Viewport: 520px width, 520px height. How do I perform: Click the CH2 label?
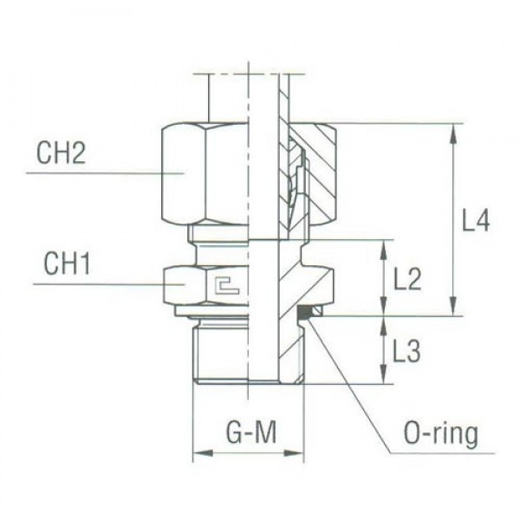61,155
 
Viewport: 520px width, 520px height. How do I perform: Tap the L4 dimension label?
475,222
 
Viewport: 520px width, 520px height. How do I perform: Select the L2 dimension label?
406,279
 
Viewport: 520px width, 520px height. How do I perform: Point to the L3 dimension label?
406,351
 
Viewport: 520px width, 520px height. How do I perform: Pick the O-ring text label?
441,433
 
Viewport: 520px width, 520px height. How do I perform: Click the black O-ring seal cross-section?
304,312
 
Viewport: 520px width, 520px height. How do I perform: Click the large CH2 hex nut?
205,173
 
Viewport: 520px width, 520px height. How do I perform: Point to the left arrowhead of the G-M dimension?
197,452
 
